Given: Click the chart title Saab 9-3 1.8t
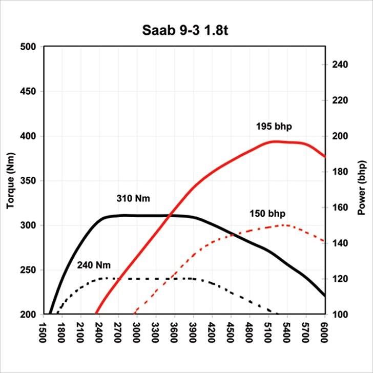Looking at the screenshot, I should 186,30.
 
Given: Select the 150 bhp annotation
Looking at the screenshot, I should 267,214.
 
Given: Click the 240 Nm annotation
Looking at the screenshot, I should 94,265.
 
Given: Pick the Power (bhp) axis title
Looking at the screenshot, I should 362,180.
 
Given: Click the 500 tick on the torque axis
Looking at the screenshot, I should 28,47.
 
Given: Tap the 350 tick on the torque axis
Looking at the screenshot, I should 28,181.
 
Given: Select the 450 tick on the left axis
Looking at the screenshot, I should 28,92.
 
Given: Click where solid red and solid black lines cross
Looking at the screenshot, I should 170,216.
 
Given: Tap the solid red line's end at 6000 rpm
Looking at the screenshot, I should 324,156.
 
